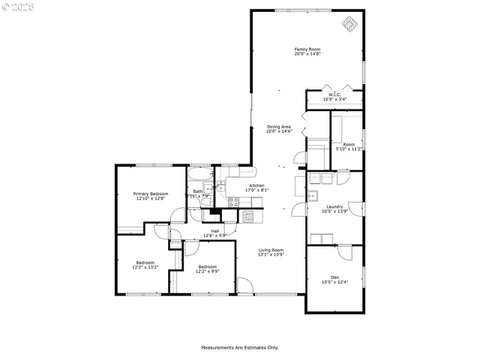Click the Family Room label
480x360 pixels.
[x=307, y=49]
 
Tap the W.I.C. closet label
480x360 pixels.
[x=334, y=94]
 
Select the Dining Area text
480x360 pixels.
[x=278, y=127]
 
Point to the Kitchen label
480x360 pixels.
[x=256, y=185]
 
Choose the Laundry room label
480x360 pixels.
[x=334, y=207]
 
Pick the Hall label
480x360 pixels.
[x=215, y=231]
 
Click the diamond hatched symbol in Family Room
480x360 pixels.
[x=349, y=23]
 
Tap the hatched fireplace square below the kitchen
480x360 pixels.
[x=247, y=215]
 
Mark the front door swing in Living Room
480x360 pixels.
[x=244, y=286]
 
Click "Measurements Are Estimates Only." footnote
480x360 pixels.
[x=239, y=347]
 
